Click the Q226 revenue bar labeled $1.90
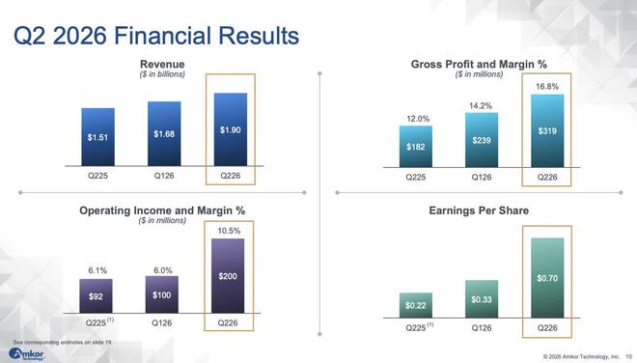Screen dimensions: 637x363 (231, 129)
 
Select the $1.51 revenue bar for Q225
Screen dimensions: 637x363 (97, 137)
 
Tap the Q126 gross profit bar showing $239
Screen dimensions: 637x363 (482, 140)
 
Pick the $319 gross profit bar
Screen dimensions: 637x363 (547, 131)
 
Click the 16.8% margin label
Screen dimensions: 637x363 (547, 87)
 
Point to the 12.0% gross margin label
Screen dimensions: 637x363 (418, 119)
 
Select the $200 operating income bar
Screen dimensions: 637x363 (228, 275)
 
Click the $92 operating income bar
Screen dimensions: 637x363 (96, 296)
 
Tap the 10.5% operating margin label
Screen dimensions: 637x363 (229, 231)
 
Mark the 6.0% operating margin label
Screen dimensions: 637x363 (163, 270)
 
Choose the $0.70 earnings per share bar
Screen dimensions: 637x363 (547, 278)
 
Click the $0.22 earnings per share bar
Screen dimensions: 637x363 (416, 305)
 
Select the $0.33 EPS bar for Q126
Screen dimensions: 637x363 (482, 298)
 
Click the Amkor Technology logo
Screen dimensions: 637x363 (26, 354)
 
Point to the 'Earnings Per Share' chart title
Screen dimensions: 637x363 (479, 210)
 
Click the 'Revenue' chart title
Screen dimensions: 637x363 (162, 65)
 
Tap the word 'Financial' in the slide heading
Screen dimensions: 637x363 (163, 36)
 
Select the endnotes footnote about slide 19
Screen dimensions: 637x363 (63, 343)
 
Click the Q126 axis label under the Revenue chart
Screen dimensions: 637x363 (164, 176)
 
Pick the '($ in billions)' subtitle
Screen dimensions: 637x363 (162, 74)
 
